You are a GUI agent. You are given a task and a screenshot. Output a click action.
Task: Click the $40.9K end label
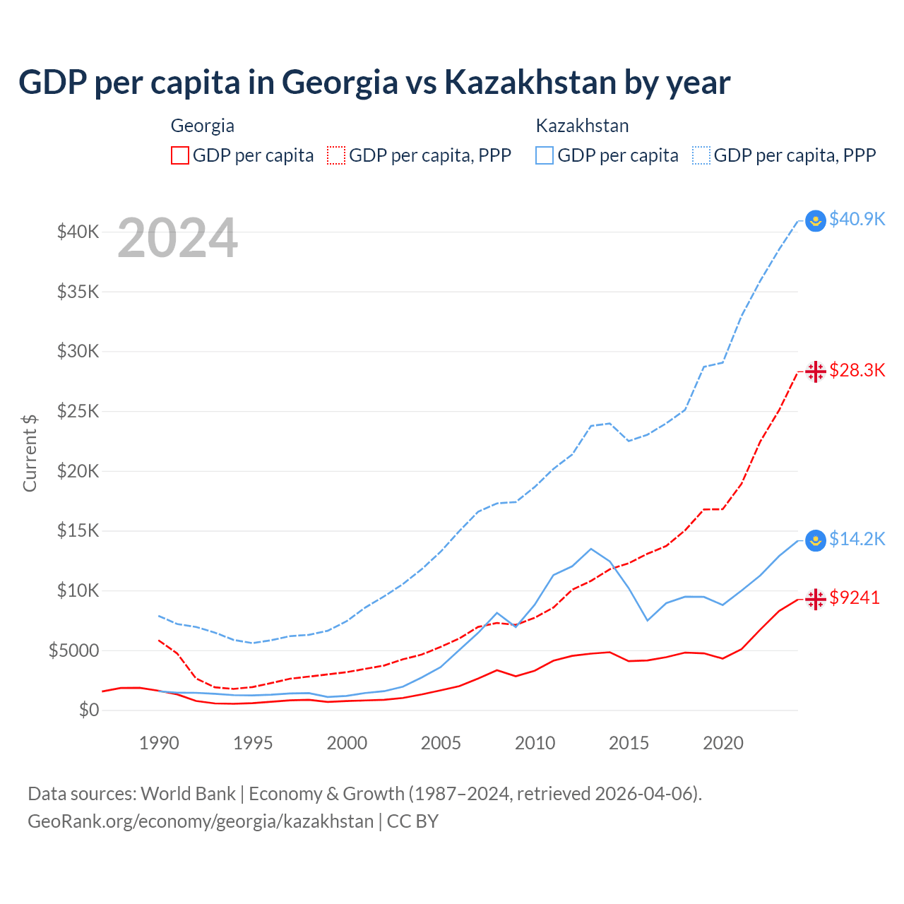pos(857,219)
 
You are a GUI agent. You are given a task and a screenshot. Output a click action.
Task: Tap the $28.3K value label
pos(857,370)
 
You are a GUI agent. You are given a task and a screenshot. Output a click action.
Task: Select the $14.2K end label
pos(857,539)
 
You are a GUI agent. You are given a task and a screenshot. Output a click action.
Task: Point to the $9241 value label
pos(855,597)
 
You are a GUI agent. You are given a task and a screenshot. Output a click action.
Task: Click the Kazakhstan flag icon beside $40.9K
pos(816,221)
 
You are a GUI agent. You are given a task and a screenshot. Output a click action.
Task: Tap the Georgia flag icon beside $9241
pos(816,600)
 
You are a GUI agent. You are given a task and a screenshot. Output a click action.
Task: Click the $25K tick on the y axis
pos(78,411)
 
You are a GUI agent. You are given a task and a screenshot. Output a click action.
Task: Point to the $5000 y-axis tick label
pos(73,650)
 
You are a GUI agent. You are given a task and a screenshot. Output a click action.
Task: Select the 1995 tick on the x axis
pos(253,743)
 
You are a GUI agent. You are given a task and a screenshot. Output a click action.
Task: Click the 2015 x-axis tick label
pos(629,743)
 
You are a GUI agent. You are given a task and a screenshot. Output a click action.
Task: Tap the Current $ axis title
pos(30,453)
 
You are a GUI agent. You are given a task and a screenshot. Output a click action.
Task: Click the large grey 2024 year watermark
pos(177,238)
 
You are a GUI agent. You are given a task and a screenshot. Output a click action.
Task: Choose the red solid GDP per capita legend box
pos(180,155)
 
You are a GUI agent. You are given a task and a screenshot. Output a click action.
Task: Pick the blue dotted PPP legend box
pos(701,155)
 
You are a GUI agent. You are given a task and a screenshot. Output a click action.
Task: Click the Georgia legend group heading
pos(202,126)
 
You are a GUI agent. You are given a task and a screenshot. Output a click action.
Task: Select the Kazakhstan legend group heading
pos(582,126)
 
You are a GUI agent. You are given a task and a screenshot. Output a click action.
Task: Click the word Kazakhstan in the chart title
pos(530,82)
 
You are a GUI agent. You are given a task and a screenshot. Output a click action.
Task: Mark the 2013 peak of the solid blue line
pos(591,549)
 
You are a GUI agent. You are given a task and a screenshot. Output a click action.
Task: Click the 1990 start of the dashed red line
pos(159,640)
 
